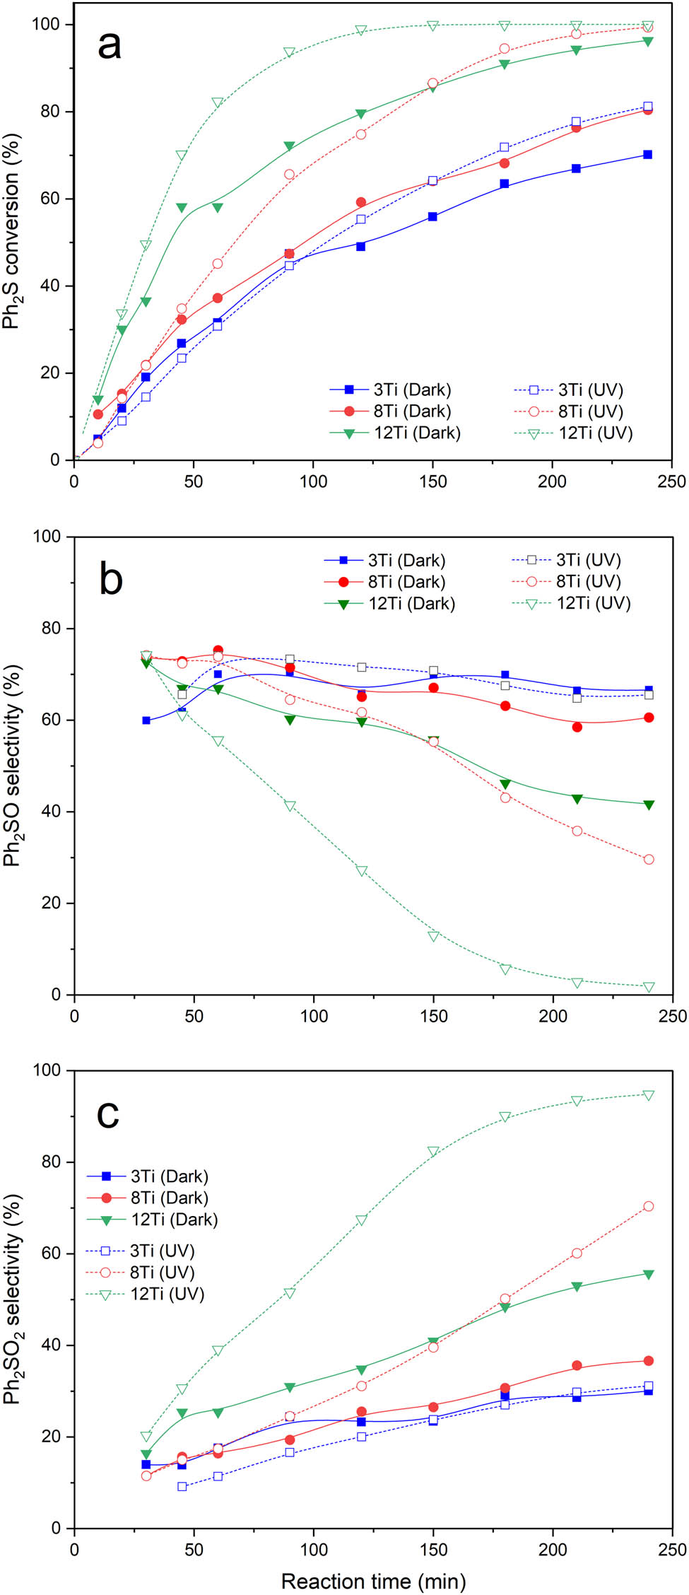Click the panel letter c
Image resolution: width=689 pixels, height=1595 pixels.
point(107,1113)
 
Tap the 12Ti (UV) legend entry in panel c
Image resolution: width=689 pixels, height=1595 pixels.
point(167,1294)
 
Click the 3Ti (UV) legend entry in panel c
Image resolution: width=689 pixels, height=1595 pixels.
point(162,1251)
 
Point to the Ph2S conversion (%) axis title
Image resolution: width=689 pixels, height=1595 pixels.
point(12,230)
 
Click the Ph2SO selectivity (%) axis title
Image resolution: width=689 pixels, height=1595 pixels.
point(12,765)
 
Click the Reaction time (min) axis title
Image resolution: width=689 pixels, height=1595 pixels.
point(373,1581)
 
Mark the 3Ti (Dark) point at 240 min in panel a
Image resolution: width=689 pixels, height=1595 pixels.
point(647,155)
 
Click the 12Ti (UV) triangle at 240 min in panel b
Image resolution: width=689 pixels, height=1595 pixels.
point(649,987)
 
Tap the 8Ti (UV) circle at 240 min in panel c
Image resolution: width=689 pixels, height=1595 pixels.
point(649,1206)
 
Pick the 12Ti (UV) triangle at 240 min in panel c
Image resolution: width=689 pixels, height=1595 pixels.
point(649,1095)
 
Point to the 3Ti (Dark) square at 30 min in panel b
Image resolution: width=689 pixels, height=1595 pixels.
point(146,720)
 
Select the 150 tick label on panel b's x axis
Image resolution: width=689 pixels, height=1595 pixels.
point(433,1016)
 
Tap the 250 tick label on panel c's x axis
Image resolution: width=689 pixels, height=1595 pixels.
point(671,1550)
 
